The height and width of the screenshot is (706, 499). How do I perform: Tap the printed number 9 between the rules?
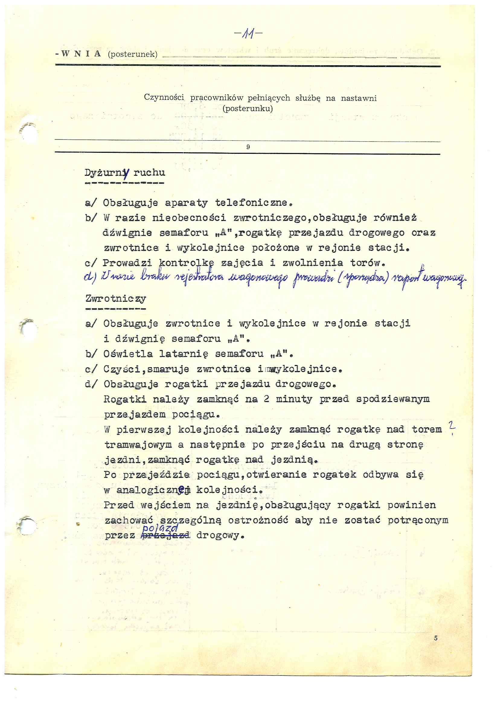(x=248, y=147)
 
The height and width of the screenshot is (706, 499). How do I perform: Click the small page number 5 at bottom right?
(x=436, y=638)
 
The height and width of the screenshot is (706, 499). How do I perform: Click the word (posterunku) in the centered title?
(x=248, y=108)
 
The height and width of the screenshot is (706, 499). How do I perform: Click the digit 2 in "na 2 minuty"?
(x=267, y=399)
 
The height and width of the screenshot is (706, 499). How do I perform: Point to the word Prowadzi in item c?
(x=127, y=263)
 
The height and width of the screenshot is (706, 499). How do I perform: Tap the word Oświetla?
(x=128, y=354)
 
